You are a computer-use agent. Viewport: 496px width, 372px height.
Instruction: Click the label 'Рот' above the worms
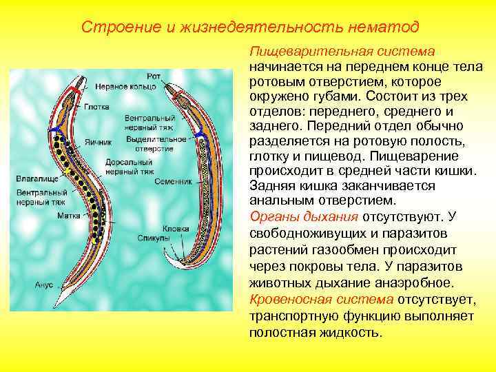pyautogui.click(x=154, y=76)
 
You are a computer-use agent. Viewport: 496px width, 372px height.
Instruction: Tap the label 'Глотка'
pyautogui.click(x=96, y=107)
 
